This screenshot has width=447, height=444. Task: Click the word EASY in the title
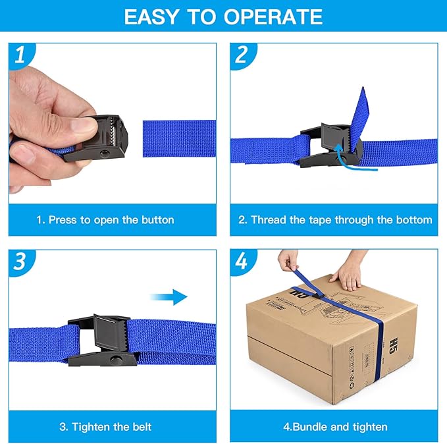click(x=153, y=16)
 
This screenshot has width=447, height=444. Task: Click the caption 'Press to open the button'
click(x=105, y=219)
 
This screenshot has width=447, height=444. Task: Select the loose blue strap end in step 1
click(x=179, y=138)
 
